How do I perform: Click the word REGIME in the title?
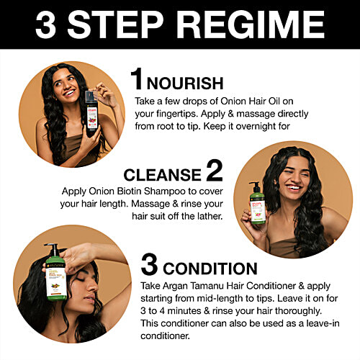click(x=251, y=24)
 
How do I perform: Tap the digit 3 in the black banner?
click(x=45, y=24)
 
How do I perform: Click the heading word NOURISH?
click(x=185, y=84)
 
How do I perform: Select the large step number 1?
click(x=136, y=78)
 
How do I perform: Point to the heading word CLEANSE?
click(x=163, y=175)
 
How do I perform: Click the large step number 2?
click(x=215, y=170)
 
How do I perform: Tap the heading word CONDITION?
click(x=210, y=269)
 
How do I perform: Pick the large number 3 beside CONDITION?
click(x=149, y=264)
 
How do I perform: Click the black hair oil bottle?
click(x=91, y=114)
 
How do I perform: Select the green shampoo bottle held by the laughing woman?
click(x=257, y=203)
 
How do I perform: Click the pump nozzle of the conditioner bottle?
click(x=51, y=248)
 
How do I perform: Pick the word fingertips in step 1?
click(x=177, y=114)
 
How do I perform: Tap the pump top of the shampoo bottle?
click(x=255, y=185)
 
